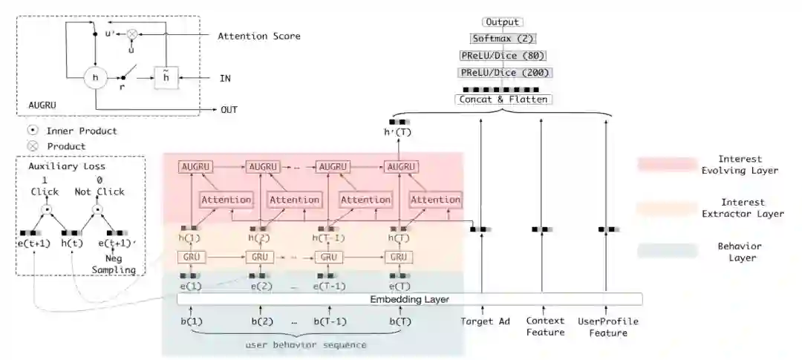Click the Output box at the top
click(x=503, y=22)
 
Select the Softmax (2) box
click(x=503, y=38)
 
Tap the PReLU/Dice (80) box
click(x=503, y=55)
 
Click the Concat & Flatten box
click(x=503, y=99)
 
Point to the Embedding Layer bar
click(x=409, y=299)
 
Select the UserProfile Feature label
click(x=608, y=327)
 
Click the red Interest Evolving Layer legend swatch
click(x=666, y=164)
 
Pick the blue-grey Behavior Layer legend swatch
click(x=666, y=251)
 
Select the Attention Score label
click(x=258, y=36)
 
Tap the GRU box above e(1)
click(x=189, y=257)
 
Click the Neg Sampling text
click(x=114, y=264)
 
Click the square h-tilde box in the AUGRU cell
click(x=165, y=76)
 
